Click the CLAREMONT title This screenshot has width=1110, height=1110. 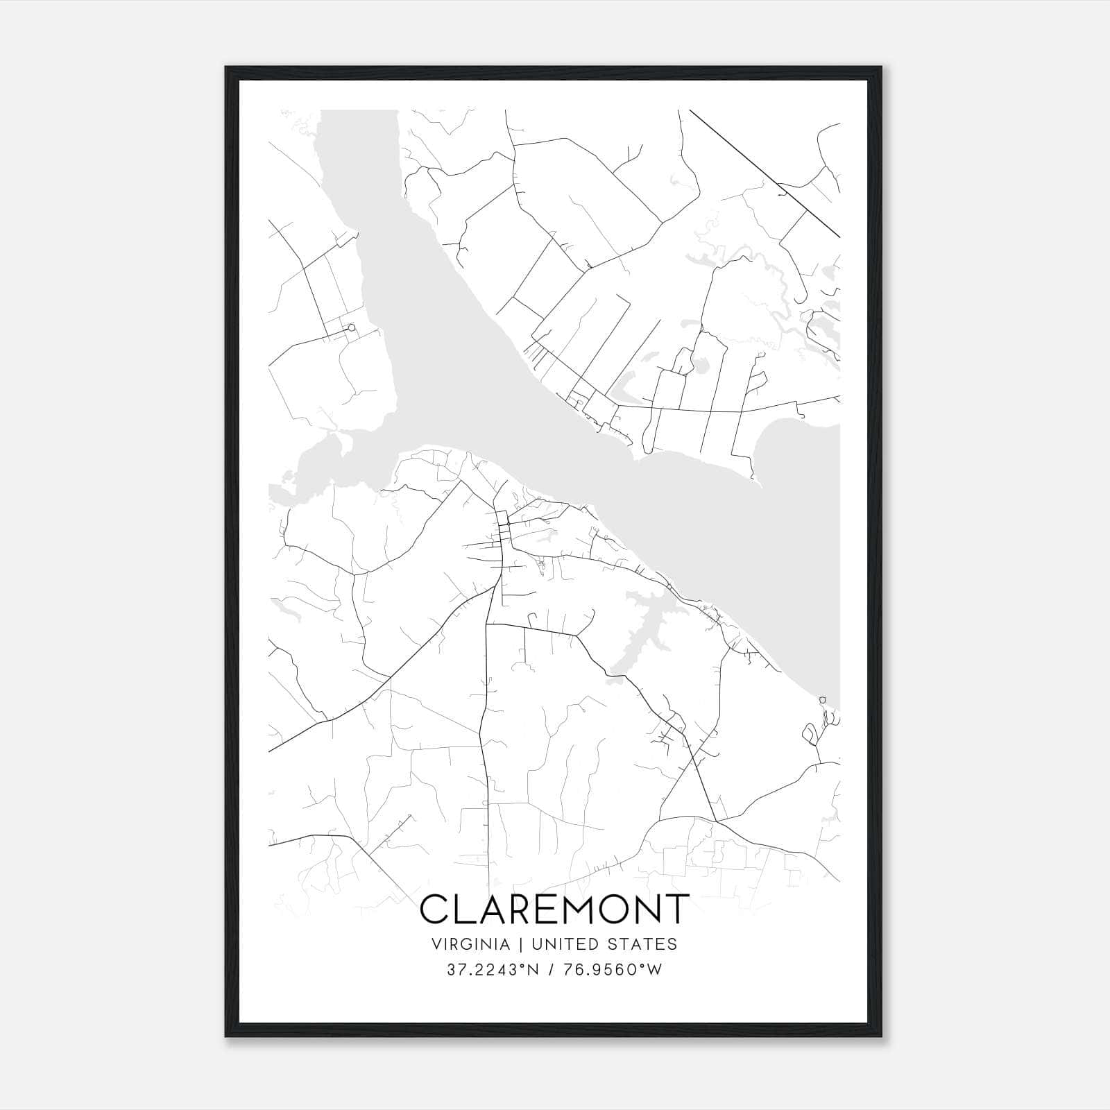pyautogui.click(x=555, y=909)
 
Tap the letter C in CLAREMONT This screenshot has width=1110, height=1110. pyautogui.click(x=434, y=909)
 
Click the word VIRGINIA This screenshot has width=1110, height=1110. pyautogui.click(x=471, y=944)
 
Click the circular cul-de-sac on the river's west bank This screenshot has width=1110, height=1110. pyautogui.click(x=352, y=327)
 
